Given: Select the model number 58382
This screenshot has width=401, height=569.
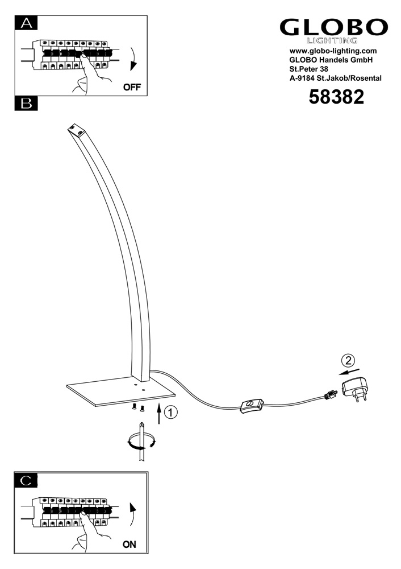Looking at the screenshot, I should pos(336,98).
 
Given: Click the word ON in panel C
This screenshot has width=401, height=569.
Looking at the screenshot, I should pos(130,545).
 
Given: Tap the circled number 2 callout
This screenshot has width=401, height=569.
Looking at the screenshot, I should pos(348,360).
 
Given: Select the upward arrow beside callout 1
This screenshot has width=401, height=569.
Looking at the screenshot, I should pos(159,416).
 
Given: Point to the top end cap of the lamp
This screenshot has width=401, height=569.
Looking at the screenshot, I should pos(76,130).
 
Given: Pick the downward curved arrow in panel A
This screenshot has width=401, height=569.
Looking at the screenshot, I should pos(133,60).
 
